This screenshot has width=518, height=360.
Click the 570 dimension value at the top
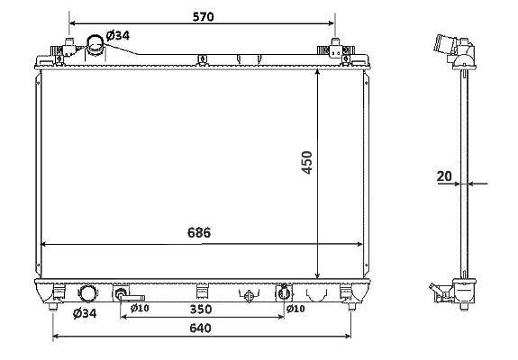[x=204, y=17]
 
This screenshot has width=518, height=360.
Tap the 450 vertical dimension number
[x=307, y=162]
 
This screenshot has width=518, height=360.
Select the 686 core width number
[x=199, y=232]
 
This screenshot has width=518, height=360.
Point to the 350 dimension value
[x=201, y=310]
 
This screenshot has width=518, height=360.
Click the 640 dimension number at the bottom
[x=200, y=328]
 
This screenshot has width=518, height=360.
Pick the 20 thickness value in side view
[x=444, y=176]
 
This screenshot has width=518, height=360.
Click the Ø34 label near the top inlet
[x=118, y=35]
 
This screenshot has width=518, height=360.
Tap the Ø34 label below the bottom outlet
[x=85, y=313]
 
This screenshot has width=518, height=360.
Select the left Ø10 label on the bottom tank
[x=140, y=308]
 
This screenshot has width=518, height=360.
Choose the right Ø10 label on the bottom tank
[x=295, y=309]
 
